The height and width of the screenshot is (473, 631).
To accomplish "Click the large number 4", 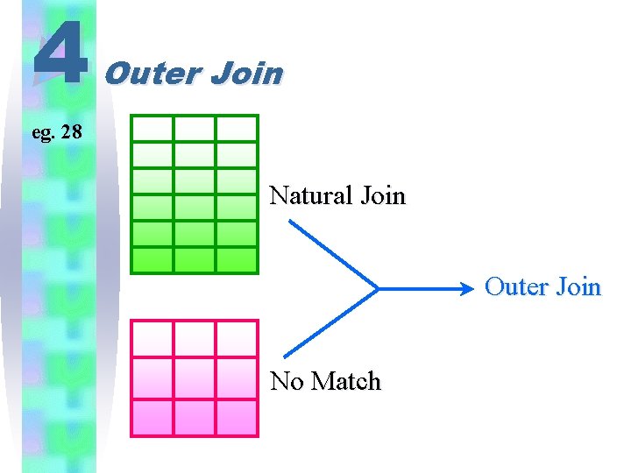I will tap(60, 53).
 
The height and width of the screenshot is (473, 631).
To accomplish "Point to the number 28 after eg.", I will tap(71, 133).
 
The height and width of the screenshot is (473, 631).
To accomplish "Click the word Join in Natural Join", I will tap(382, 194).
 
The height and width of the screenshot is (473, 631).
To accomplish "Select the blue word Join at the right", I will tap(579, 287).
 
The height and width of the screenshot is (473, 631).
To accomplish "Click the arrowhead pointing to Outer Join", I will tap(473, 287).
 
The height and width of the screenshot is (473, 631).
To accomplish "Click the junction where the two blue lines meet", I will tap(378, 287).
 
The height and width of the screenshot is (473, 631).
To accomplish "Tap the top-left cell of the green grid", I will tap(152, 129).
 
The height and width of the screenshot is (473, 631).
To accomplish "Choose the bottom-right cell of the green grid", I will tap(237, 260).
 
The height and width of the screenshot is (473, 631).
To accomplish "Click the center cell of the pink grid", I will tap(195, 378).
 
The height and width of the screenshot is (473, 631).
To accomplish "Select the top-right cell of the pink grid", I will tap(237, 338).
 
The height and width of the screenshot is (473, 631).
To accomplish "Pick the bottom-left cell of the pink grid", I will tap(152, 417).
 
